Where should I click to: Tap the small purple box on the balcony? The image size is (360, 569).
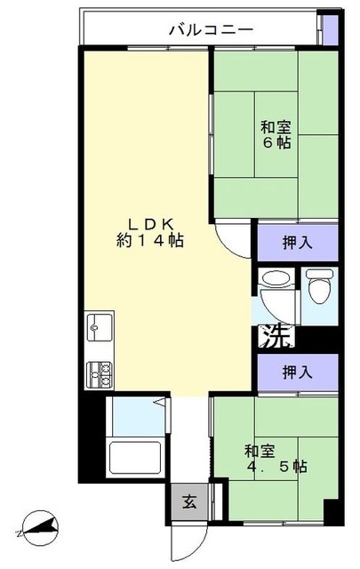tap(329, 29)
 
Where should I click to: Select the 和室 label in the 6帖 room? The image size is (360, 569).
tap(275, 125)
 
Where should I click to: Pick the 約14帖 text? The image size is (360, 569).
tap(148, 240)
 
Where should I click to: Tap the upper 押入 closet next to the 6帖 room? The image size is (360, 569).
tap(297, 240)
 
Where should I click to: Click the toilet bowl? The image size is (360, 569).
tap(319, 287)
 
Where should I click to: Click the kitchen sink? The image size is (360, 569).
tap(98, 328)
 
